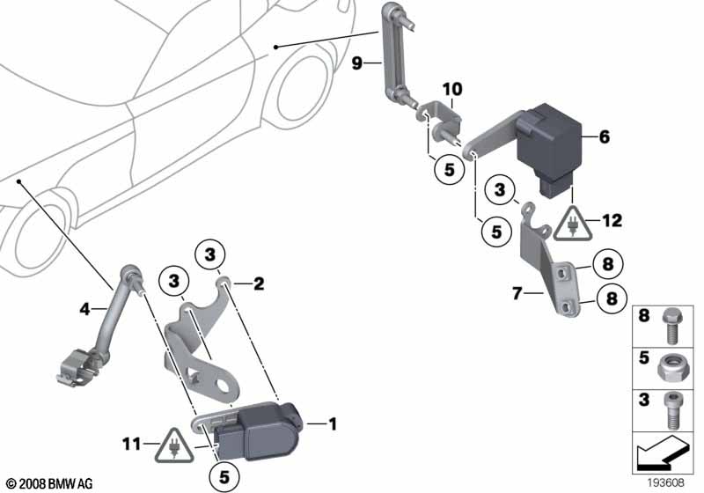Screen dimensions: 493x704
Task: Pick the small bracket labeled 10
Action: pyautogui.click(x=441, y=118)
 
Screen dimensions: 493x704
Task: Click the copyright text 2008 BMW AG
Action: pyautogui.click(x=48, y=484)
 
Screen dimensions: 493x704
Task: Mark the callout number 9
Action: pyautogui.click(x=356, y=63)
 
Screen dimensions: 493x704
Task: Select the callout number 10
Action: pyautogui.click(x=451, y=91)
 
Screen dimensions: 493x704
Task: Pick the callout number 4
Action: pyautogui.click(x=85, y=309)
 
